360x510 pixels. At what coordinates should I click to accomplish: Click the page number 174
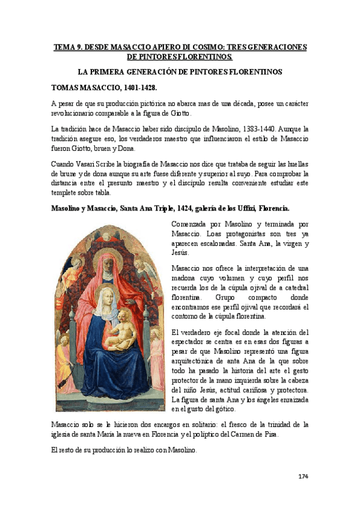tap(303, 476)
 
